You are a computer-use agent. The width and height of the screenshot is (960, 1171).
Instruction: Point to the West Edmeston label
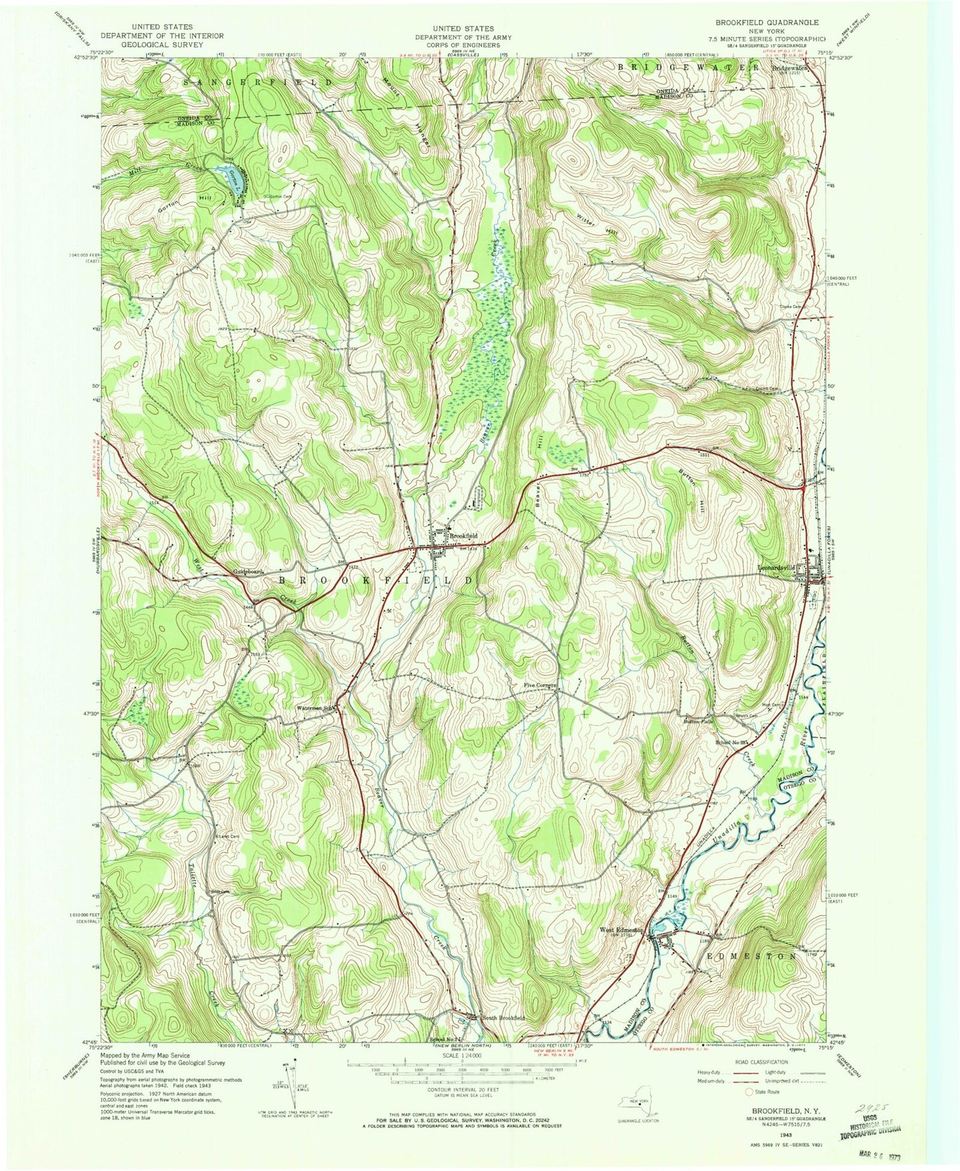point(622,930)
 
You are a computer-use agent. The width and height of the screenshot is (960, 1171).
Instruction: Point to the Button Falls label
point(698,720)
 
